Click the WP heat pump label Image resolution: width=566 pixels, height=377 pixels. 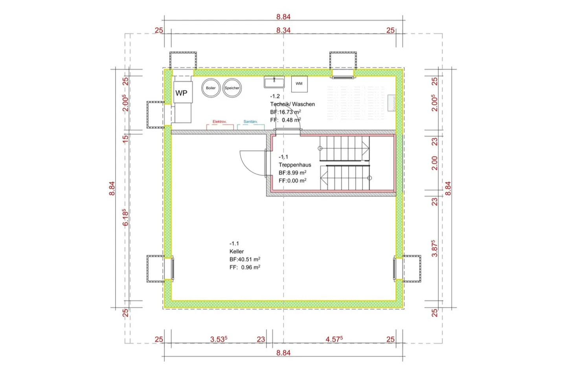tap(181, 93)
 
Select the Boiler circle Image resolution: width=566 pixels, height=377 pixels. tap(211, 88)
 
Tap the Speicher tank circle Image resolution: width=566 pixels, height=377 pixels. tap(232, 88)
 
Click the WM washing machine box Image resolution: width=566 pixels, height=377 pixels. tap(299, 84)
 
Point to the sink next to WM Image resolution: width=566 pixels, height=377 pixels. tap(274, 82)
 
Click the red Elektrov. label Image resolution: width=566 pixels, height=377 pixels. tap(220, 122)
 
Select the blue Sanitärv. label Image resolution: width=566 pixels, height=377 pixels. tap(250, 122)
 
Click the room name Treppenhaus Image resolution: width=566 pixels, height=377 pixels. tap(295, 165)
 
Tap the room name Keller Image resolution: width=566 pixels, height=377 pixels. tap(237, 251)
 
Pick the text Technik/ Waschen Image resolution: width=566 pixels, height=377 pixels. tap(292, 104)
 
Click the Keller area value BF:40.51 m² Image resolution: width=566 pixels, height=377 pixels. tap(244, 260)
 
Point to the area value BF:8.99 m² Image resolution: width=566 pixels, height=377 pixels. tap(292, 173)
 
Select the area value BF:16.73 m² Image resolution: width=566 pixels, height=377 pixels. tap(285, 112)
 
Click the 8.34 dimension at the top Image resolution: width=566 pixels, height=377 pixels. tap(283, 30)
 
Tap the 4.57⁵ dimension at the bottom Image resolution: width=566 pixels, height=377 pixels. tap(334, 339)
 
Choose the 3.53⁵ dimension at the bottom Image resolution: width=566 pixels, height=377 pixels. tap(219, 339)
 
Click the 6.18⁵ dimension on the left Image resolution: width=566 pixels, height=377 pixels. tap(125, 218)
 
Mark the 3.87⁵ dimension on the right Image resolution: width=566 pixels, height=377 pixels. tap(434, 248)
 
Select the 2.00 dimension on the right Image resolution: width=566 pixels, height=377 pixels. tap(434, 163)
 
